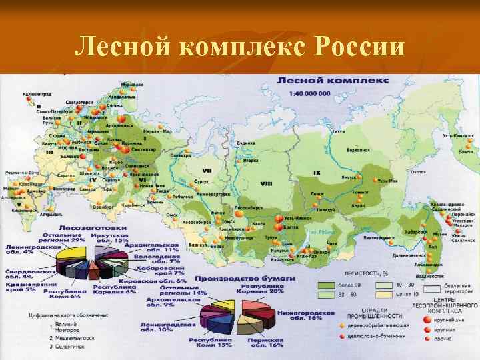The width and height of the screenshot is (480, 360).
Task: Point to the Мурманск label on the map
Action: click(x=133, y=85)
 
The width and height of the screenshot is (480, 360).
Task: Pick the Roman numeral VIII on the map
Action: click(x=266, y=183)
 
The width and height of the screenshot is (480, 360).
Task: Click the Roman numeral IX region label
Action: click(x=317, y=173)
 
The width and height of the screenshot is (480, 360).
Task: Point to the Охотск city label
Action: click(x=418, y=171)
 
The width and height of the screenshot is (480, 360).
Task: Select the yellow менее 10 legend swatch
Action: click(x=385, y=295)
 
